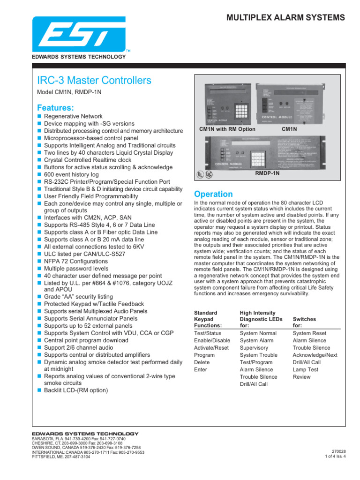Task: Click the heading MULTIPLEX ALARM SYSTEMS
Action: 286,18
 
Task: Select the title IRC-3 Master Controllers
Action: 94,81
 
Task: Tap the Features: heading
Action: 55,107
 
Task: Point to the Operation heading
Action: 213,194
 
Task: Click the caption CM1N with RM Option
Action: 227,129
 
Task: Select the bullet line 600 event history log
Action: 71,174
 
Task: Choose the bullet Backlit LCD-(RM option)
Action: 75,390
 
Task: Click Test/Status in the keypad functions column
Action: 208,333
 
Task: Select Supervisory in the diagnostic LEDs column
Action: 254,348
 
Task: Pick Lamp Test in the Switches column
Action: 305,369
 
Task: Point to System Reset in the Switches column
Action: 309,333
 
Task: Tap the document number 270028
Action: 337,451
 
